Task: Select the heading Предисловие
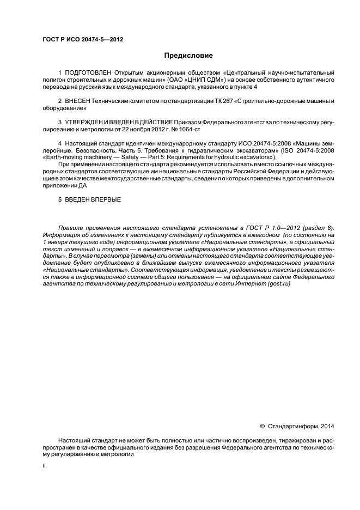click(189, 56)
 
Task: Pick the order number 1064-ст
click(190, 129)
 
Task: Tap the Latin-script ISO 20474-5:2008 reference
click(310, 150)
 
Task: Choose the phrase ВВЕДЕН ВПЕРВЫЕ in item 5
click(93, 200)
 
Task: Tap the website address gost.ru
click(278, 283)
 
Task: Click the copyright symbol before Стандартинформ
click(262, 426)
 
